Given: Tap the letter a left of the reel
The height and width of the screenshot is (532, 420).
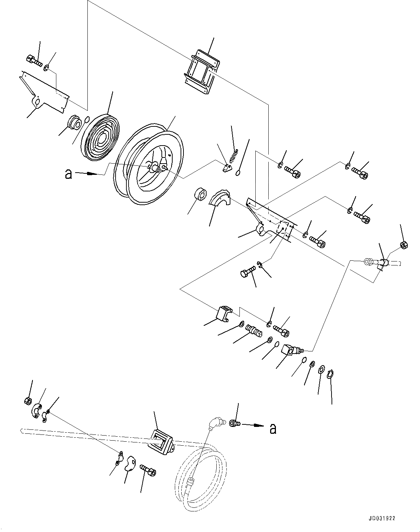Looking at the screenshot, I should tap(68, 174).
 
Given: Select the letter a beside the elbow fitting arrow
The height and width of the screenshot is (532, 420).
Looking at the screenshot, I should tap(273, 429).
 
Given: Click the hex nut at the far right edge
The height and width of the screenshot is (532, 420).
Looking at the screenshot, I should tap(404, 245).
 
